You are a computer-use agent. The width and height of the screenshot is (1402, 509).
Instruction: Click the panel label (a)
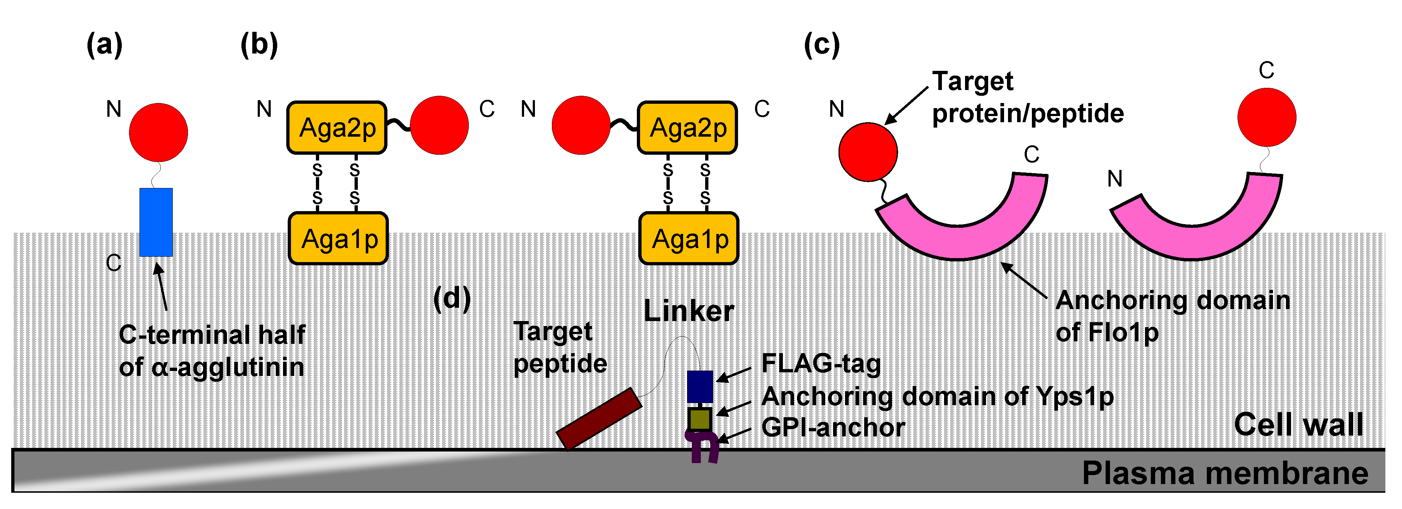click(104, 44)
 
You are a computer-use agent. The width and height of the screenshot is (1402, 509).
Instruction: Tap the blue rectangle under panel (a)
click(156, 222)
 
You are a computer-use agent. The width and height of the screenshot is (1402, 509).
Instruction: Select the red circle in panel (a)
click(158, 132)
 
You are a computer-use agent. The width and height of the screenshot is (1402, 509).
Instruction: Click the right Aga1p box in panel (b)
click(689, 239)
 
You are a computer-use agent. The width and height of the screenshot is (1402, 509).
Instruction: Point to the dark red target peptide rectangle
click(599, 418)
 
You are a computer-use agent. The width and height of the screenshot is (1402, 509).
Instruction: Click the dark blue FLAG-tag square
click(699, 386)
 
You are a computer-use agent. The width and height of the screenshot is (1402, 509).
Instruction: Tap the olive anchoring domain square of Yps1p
click(699, 419)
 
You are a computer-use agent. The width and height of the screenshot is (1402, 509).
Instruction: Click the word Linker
click(689, 311)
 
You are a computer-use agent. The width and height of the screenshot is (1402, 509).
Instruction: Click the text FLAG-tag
click(821, 364)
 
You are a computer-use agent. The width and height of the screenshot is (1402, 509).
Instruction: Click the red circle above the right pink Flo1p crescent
click(1266, 117)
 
